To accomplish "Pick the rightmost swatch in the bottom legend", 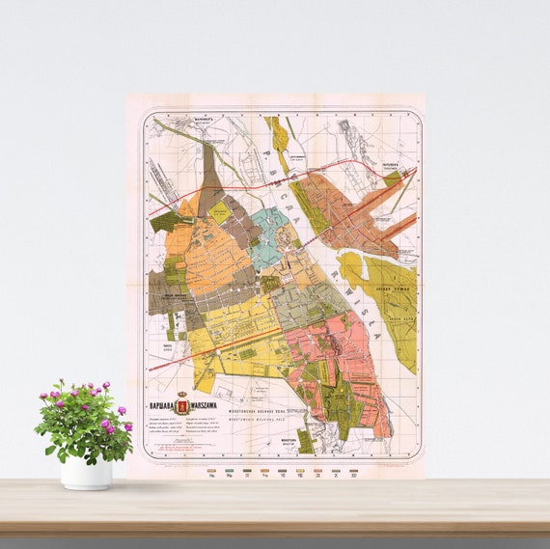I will tap(355, 467).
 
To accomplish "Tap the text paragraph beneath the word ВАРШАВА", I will tap(159, 425).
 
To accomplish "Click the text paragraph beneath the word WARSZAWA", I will tap(203, 425).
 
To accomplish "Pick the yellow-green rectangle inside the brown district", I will tap(220, 213).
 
